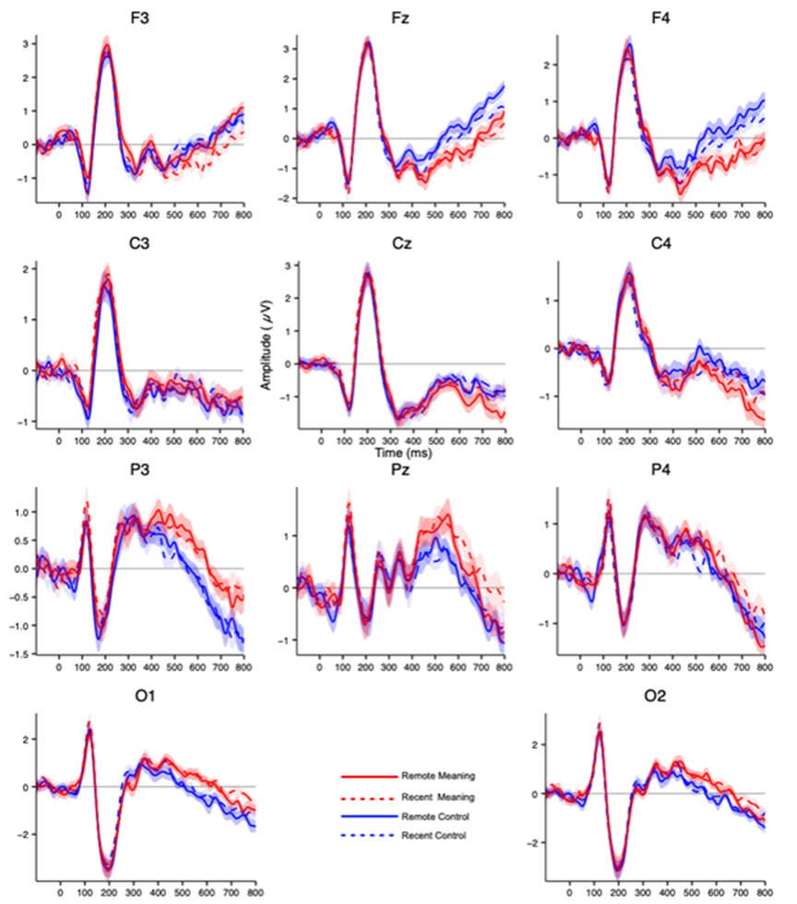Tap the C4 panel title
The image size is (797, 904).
click(662, 244)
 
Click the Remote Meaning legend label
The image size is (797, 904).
click(437, 776)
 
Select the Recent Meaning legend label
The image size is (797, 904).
click(437, 796)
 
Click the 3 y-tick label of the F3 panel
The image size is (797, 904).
click(28, 43)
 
